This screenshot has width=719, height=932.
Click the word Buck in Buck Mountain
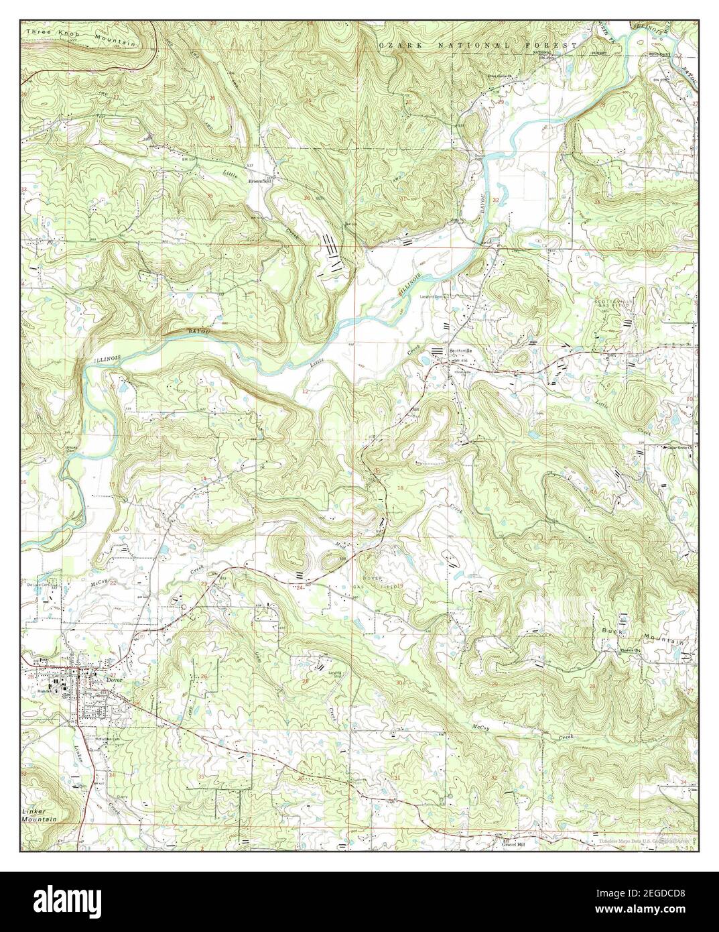[611, 632]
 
